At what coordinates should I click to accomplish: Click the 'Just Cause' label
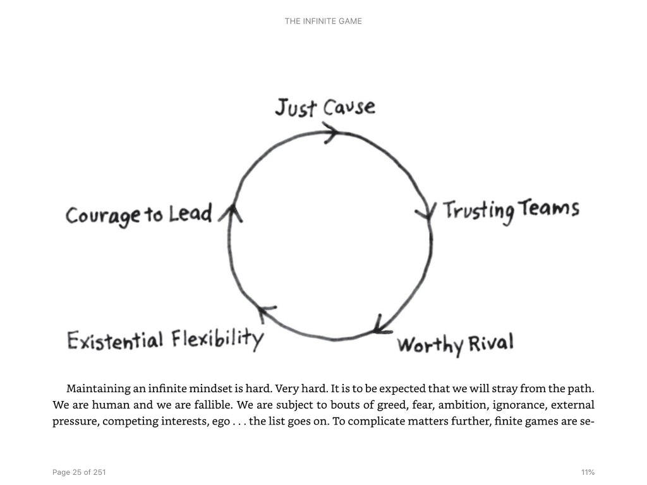click(x=325, y=107)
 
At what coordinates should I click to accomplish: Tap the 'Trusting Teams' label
click(x=511, y=210)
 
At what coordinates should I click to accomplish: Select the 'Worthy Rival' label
click(x=455, y=345)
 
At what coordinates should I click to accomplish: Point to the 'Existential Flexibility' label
click(x=165, y=340)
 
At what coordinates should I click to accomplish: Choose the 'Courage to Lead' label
click(x=139, y=215)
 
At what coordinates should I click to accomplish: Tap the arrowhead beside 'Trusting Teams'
click(x=428, y=212)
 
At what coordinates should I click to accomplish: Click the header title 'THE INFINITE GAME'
click(x=323, y=21)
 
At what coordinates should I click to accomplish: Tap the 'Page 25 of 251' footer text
click(x=79, y=472)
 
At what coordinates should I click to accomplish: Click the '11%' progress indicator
click(x=588, y=472)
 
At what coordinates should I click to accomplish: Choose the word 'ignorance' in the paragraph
click(x=502, y=405)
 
